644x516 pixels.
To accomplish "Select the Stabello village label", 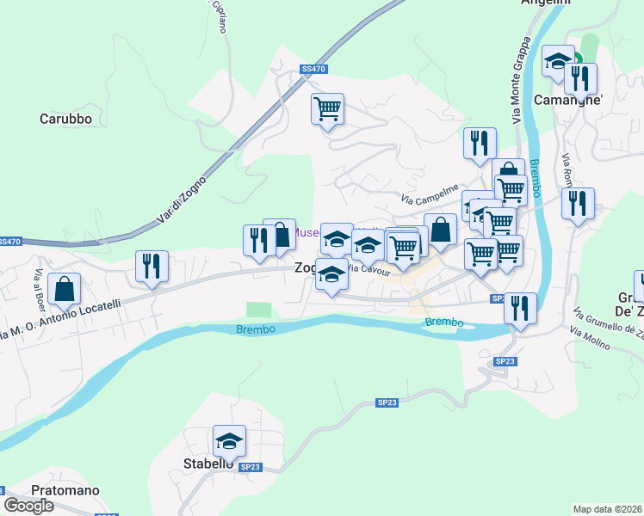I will [x=209, y=464].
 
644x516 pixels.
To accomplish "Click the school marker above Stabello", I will [x=230, y=441].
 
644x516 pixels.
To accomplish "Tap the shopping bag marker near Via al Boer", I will [x=65, y=290].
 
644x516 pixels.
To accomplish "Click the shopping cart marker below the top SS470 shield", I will [x=327, y=110].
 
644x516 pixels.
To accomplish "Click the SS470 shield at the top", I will [x=314, y=68].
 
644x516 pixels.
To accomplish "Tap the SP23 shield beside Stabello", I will [x=250, y=467].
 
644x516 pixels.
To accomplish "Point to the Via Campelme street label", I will [x=429, y=195].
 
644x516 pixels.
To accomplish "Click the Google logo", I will [x=28, y=505].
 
